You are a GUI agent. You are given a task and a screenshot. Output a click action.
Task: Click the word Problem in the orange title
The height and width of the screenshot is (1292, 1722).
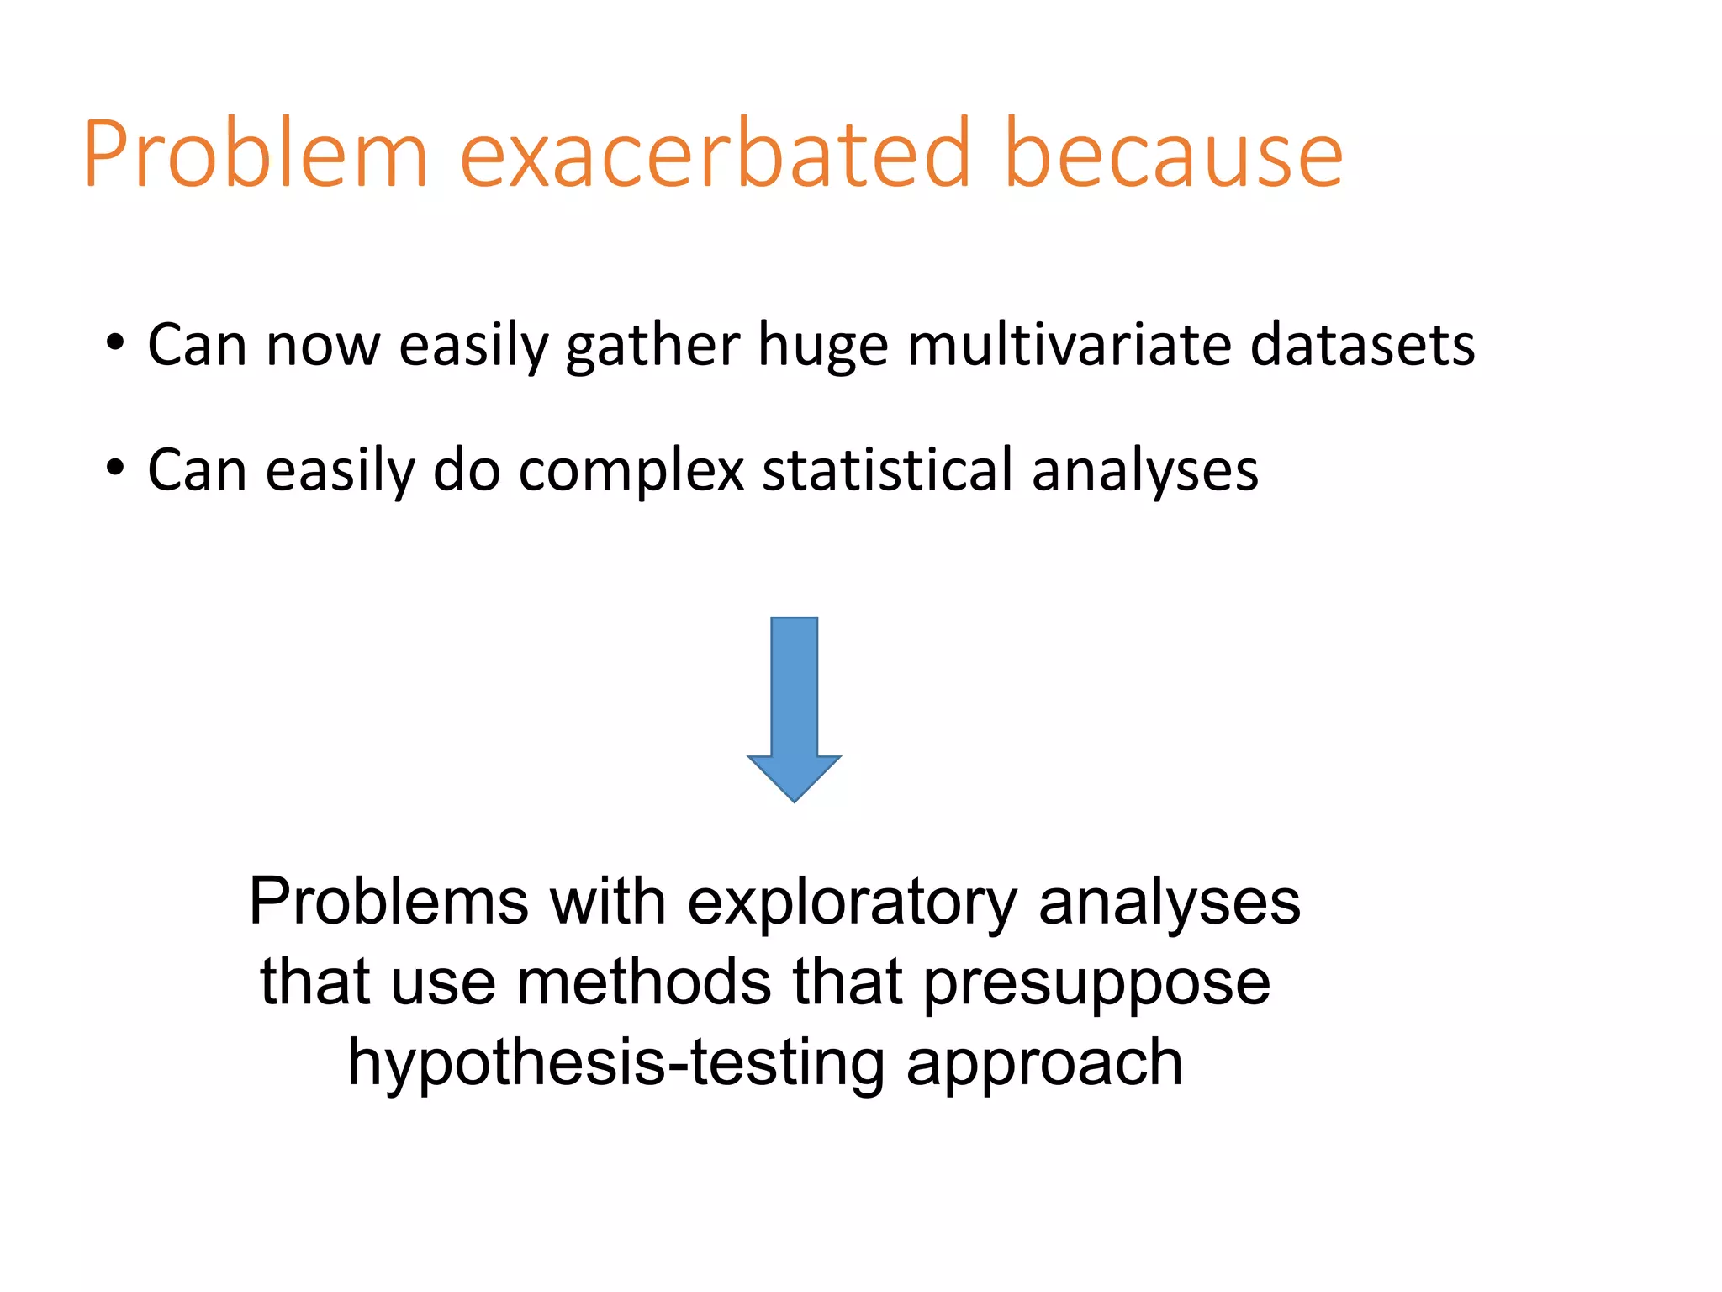(x=256, y=156)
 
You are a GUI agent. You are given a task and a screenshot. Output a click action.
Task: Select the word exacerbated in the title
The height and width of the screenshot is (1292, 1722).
(x=716, y=156)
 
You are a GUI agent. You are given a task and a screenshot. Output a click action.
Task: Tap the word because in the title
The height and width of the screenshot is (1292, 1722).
(x=1174, y=156)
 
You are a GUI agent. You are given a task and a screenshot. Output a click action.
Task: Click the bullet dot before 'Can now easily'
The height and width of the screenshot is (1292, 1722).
(x=115, y=343)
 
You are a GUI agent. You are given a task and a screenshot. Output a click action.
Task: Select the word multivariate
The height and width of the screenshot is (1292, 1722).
(x=1069, y=345)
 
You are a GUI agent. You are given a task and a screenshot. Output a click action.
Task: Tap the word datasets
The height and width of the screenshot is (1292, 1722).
(x=1362, y=345)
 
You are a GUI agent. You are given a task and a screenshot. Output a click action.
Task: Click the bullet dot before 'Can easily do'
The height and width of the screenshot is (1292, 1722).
(x=115, y=468)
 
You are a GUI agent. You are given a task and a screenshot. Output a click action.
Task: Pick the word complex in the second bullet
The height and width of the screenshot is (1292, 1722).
(x=631, y=471)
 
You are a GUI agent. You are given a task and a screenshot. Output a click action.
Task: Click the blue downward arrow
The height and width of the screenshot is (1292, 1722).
(x=794, y=690)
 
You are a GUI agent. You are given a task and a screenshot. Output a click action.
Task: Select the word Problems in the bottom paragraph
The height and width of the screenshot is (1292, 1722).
(x=388, y=902)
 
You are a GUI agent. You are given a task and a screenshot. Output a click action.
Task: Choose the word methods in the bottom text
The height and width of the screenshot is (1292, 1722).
(x=643, y=982)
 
